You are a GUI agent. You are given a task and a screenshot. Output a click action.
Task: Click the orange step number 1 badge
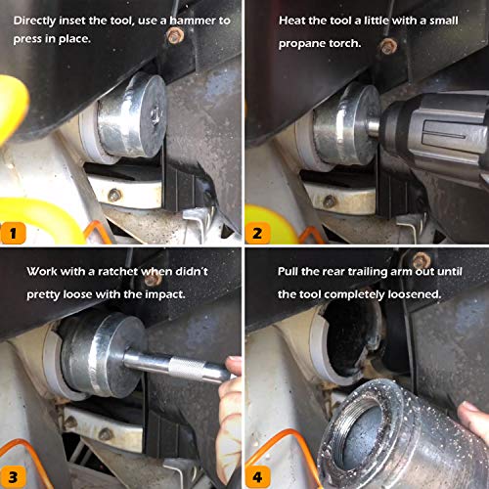13,233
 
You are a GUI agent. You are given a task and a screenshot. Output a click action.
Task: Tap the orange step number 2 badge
257,233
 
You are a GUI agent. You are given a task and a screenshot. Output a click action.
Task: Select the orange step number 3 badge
13,477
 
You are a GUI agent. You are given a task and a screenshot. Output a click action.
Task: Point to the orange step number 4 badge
257,477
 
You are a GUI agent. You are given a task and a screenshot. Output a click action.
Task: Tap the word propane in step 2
301,44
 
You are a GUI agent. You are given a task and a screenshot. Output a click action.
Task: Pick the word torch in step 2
344,43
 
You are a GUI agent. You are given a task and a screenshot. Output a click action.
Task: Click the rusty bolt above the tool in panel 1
175,35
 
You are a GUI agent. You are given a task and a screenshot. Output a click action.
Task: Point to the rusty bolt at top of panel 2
389,46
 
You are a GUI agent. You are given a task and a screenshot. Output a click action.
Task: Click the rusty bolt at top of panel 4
422,261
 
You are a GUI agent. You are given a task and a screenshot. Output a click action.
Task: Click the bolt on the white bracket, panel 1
114,195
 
